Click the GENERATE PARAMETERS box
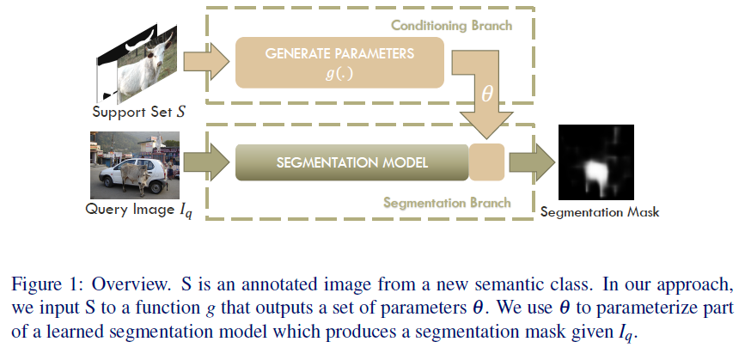pyautogui.click(x=339, y=61)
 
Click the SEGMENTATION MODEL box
pyautogui.click(x=351, y=162)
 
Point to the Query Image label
pyautogui.click(x=138, y=210)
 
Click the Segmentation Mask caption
pyautogui.click(x=600, y=211)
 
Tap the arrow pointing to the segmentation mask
pyautogui.click(x=533, y=162)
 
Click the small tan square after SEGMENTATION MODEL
pyautogui.click(x=486, y=162)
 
